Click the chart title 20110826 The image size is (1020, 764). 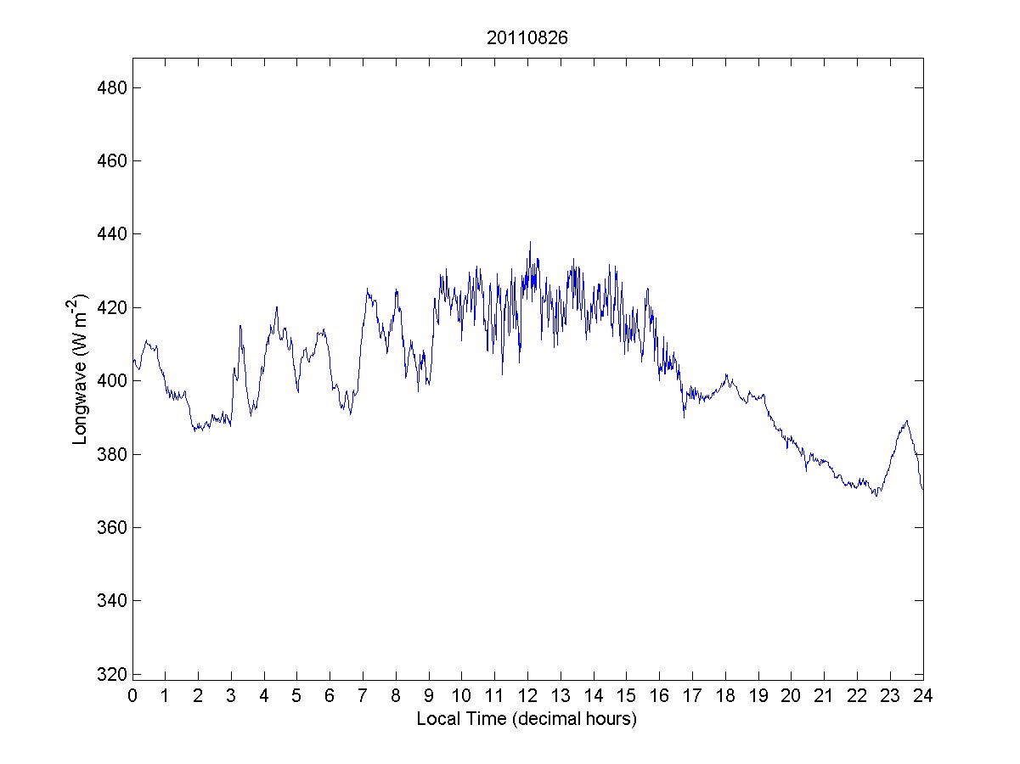click(527, 38)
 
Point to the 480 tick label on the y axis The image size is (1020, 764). click(108, 87)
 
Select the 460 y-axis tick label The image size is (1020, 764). click(108, 160)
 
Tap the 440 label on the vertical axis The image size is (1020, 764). click(108, 234)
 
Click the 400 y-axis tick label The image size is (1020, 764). click(108, 381)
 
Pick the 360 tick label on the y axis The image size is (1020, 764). click(108, 527)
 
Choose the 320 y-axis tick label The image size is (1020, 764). click(108, 674)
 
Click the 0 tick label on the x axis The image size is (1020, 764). click(132, 696)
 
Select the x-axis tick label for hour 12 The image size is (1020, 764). click(527, 696)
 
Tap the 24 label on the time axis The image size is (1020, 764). click(923, 696)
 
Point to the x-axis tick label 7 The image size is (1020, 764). click(363, 696)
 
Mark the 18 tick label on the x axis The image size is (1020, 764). click(725, 696)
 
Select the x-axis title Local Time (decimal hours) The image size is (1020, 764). click(527, 719)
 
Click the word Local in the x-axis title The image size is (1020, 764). click(435, 719)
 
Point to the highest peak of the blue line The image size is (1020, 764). click(530, 242)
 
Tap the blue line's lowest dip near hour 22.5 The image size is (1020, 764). click(875, 496)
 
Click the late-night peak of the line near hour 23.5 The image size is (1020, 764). click(907, 420)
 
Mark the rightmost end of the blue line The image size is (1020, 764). click(922, 489)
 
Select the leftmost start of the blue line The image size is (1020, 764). click(133, 360)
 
